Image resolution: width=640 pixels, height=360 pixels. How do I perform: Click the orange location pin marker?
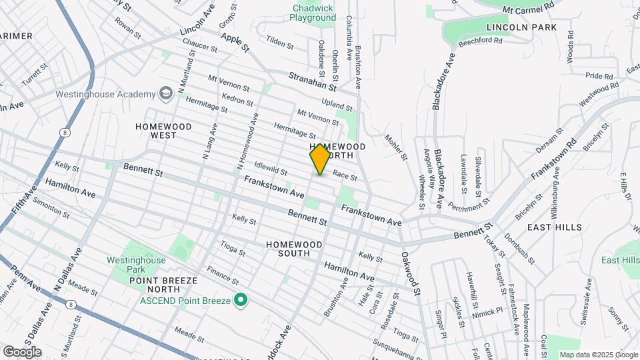point(320,159)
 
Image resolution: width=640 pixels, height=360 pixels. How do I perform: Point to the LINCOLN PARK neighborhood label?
point(521,27)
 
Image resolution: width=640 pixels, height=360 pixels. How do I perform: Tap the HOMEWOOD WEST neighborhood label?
point(163,131)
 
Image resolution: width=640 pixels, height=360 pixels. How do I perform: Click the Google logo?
point(22,352)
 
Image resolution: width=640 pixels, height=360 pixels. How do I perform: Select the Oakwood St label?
point(411,273)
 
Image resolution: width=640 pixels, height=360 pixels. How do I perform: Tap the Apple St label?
point(235,43)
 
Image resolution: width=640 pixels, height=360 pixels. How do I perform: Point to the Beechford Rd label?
point(479,41)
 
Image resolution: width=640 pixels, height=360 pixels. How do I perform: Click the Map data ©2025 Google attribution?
point(597,355)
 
